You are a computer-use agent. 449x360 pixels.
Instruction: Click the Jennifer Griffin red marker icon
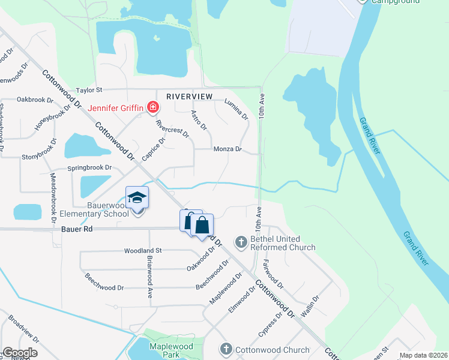[154, 108]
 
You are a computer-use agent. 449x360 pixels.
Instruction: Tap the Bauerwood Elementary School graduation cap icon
[137, 198]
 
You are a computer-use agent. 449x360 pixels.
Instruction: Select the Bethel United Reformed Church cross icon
[241, 242]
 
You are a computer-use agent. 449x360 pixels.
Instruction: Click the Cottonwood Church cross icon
[226, 349]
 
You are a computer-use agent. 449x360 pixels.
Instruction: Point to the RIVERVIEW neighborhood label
[190, 96]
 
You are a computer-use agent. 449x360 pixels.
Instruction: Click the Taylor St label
[89, 90]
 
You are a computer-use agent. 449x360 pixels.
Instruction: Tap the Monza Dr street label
[227, 149]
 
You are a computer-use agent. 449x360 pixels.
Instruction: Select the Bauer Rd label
[76, 229]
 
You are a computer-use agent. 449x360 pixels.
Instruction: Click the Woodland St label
[143, 250]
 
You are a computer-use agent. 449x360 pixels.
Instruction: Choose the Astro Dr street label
[199, 119]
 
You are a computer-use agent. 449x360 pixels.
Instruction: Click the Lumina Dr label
[237, 109]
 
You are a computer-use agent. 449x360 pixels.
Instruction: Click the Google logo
[19, 353]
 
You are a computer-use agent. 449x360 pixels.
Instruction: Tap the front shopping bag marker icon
[202, 226]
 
